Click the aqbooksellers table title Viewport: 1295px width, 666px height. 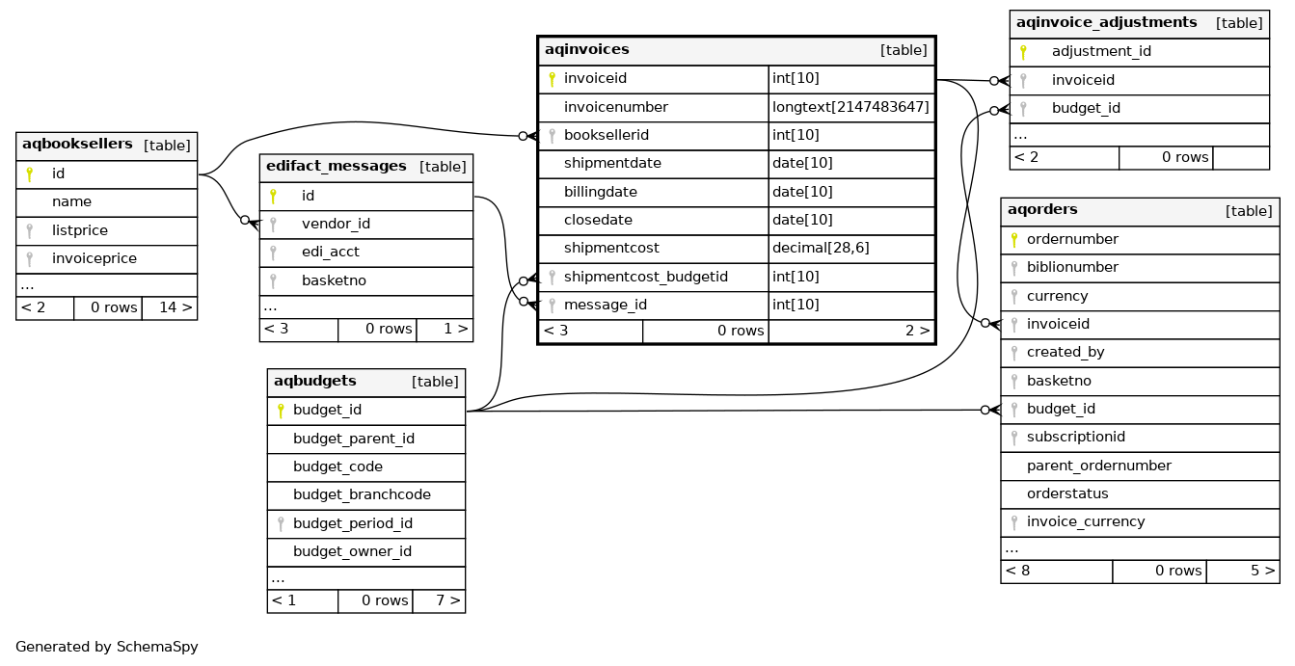pyautogui.click(x=77, y=145)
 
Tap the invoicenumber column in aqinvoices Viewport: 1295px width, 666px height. pyautogui.click(x=615, y=107)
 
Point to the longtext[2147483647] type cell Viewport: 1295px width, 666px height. pyautogui.click(x=850, y=107)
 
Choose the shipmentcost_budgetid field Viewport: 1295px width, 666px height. pyautogui.click(x=645, y=277)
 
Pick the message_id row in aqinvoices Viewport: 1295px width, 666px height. pyautogui.click(x=605, y=305)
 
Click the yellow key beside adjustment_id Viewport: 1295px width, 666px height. pyautogui.click(x=1023, y=52)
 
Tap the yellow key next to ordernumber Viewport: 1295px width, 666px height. pyautogui.click(x=1014, y=239)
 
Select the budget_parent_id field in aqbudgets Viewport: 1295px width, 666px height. pyautogui.click(x=353, y=439)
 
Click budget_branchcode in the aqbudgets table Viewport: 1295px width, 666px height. pyautogui.click(x=362, y=494)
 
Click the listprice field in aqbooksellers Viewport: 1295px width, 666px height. pyautogui.click(x=80, y=230)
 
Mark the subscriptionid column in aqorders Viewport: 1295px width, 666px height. pyautogui.click(x=1075, y=437)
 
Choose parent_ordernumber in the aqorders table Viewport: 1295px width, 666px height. pyautogui.click(x=1098, y=466)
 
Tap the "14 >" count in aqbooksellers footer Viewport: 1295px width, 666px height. pyautogui.click(x=175, y=307)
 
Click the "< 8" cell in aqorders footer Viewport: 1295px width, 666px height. pyautogui.click(x=1017, y=571)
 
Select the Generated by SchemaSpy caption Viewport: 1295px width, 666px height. pyautogui.click(x=107, y=647)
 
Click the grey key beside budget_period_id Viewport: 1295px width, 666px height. pyautogui.click(x=281, y=523)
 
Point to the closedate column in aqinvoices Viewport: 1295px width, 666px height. pyautogui.click(x=598, y=220)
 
